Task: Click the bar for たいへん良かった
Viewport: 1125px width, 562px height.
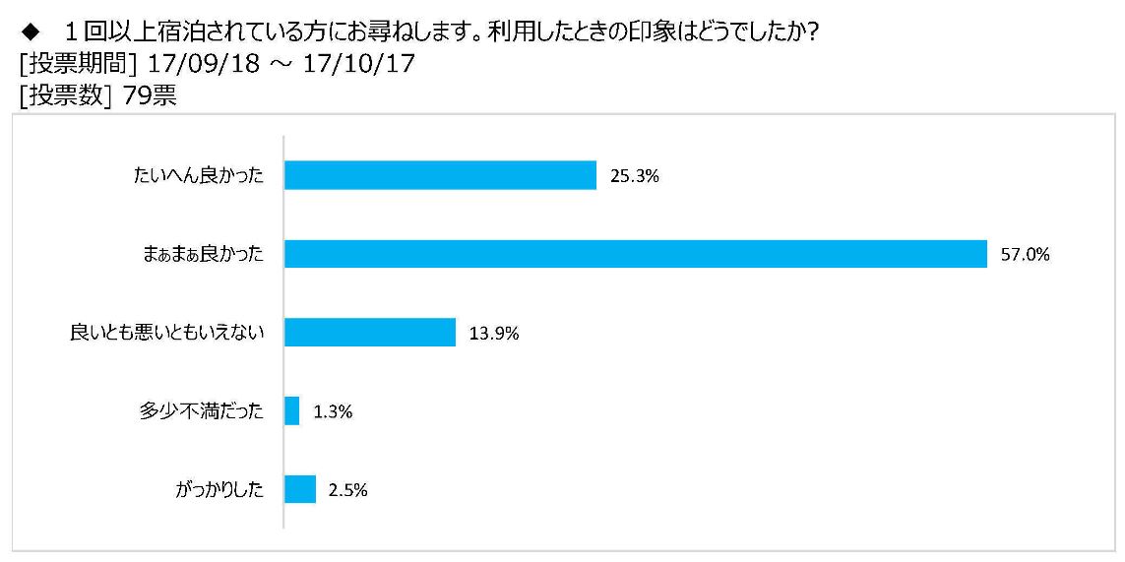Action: (x=441, y=175)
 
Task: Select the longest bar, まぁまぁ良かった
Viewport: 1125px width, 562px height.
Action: (x=637, y=254)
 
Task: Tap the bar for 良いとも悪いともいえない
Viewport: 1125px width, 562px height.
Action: (x=370, y=333)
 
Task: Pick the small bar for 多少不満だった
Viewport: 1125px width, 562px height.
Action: (x=292, y=411)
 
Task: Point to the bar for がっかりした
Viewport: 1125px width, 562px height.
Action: (x=300, y=489)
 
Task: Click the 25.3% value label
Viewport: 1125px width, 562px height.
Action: (x=635, y=176)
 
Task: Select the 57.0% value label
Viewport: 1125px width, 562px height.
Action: (x=1026, y=254)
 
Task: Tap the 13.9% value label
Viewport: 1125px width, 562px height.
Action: (x=494, y=333)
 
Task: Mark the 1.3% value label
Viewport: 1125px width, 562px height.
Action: (x=333, y=412)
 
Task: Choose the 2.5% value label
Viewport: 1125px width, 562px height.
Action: (x=348, y=490)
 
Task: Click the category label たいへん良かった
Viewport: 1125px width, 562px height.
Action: (x=198, y=176)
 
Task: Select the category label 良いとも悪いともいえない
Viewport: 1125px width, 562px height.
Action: (x=167, y=333)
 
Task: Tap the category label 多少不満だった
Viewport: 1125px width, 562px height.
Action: (x=202, y=412)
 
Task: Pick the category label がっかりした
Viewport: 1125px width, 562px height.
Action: (x=219, y=490)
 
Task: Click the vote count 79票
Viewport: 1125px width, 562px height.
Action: (x=150, y=96)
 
